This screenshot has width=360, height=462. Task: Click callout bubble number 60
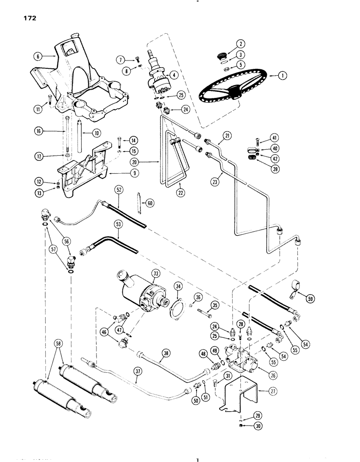(149, 202)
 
